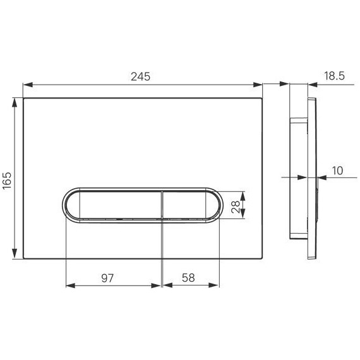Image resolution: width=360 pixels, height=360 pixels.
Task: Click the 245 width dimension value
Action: [141, 76]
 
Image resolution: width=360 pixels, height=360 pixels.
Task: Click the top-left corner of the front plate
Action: [24, 98]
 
